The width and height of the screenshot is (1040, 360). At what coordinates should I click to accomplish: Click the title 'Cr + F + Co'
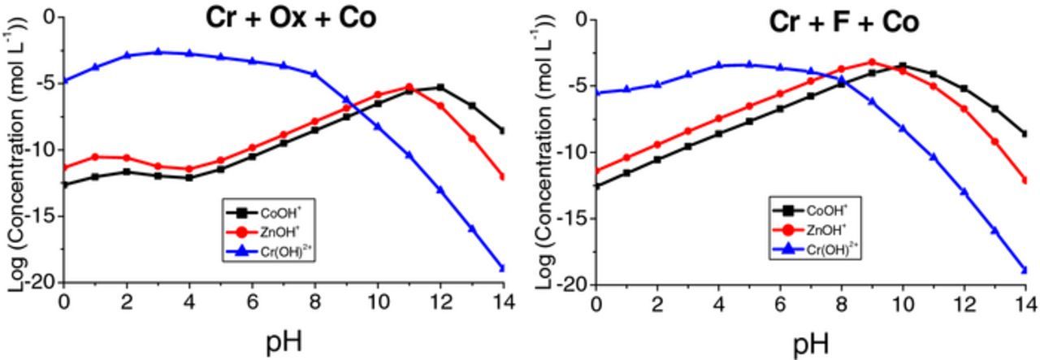844,22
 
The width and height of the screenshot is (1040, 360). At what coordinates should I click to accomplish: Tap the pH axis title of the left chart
284,341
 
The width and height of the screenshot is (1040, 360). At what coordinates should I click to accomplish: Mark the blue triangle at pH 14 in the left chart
503,268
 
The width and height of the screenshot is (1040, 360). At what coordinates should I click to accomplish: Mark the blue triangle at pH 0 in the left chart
64,80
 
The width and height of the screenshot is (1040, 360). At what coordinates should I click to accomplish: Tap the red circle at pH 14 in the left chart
503,176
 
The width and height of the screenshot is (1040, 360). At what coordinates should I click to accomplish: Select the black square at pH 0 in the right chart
597,186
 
